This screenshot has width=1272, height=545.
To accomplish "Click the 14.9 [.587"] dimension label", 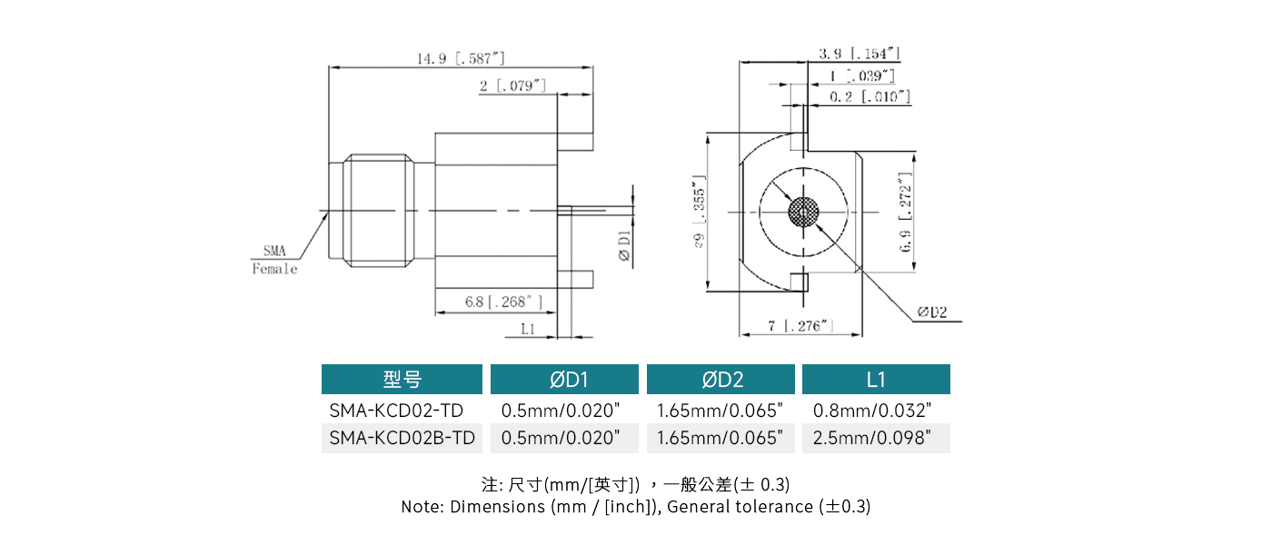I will [x=461, y=59].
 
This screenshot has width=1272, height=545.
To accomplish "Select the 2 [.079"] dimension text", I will [x=513, y=85].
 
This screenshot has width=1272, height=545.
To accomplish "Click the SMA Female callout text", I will [x=274, y=260].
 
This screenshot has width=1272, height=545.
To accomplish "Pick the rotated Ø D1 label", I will [x=624, y=247].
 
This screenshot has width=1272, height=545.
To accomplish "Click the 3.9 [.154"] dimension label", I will [x=859, y=54].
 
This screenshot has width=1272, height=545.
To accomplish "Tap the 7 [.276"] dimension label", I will [x=800, y=326].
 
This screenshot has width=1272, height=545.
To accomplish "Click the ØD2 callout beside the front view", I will [x=931, y=312].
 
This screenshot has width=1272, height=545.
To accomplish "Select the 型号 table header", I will [x=402, y=380].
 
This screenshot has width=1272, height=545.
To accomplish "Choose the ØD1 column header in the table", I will [x=567, y=380].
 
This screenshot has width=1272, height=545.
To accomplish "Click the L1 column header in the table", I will [x=876, y=380].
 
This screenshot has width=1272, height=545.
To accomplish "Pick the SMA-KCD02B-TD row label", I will [x=402, y=438].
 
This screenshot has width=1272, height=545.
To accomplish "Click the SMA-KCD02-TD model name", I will [x=396, y=410].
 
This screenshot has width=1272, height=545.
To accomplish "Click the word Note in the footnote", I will [x=420, y=507].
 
